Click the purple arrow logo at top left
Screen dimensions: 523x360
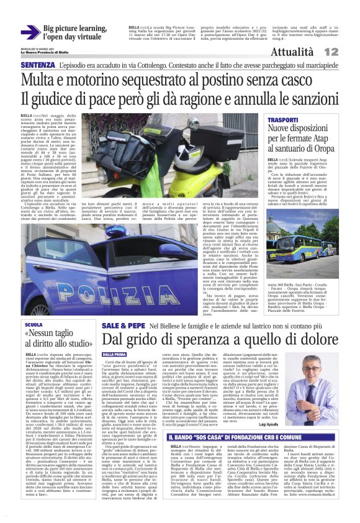coord(30,33)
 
